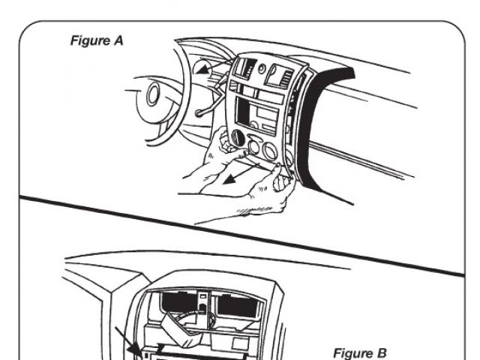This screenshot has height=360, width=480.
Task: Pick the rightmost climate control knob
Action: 283,146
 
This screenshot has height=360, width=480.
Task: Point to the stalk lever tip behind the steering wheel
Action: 198,113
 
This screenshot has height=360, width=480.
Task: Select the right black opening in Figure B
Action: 232,304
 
